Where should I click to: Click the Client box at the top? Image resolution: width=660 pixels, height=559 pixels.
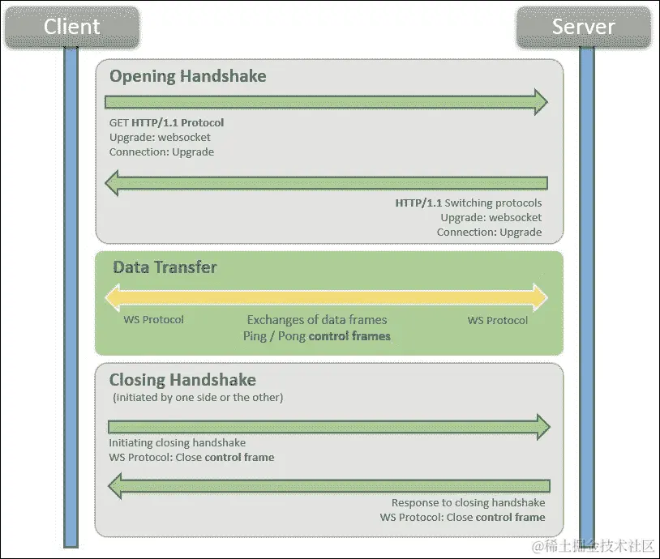(72, 27)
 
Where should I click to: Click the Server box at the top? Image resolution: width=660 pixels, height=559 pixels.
(584, 27)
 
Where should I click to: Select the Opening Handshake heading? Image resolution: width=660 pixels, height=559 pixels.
(188, 76)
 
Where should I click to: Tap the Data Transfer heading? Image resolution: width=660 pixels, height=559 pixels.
(165, 267)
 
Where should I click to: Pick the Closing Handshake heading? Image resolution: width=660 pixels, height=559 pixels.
(182, 380)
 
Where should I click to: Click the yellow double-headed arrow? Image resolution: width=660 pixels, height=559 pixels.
(326, 297)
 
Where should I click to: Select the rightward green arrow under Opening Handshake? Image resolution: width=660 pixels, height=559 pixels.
(326, 102)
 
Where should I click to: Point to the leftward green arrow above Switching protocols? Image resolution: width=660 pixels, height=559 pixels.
(326, 183)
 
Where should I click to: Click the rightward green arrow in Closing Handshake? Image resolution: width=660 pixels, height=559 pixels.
(329, 427)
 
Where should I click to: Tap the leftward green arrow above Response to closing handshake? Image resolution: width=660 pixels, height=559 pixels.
(329, 486)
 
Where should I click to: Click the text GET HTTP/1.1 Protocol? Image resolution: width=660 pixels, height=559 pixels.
(167, 123)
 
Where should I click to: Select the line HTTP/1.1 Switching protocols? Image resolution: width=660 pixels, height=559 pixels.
(469, 203)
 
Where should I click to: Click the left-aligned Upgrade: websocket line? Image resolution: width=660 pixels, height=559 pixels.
(160, 138)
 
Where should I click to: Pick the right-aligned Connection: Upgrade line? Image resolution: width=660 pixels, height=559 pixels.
(489, 233)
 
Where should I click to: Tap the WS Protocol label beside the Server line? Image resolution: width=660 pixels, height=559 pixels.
(498, 321)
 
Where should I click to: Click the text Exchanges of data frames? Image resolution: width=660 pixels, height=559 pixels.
(317, 320)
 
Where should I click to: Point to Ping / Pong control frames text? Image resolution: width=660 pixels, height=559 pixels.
(317, 336)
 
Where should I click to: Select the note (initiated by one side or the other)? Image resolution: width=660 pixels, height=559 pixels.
(198, 398)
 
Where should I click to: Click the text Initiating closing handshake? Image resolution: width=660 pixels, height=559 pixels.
(178, 443)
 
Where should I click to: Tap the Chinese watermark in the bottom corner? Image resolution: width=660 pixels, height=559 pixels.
(593, 546)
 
